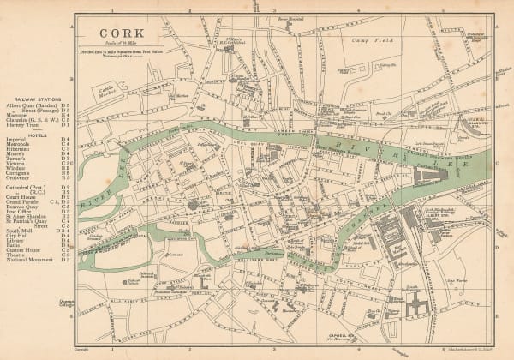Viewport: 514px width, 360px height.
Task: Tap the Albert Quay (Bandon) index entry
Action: pos(33,105)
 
